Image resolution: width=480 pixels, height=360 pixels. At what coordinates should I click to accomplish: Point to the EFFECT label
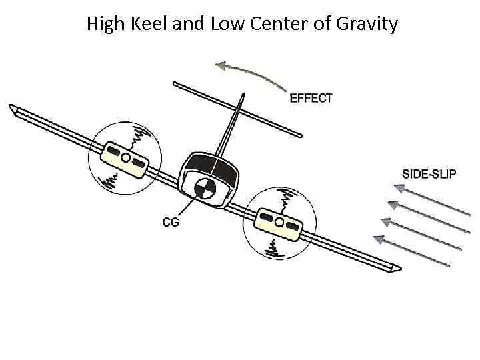[x=311, y=98]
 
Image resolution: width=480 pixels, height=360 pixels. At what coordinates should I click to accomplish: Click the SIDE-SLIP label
[x=429, y=174]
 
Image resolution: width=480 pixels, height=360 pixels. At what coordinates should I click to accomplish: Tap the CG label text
[x=171, y=223]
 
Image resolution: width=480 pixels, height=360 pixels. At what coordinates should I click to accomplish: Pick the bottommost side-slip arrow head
[x=379, y=239]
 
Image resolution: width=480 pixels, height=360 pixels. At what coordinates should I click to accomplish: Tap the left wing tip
[x=13, y=109]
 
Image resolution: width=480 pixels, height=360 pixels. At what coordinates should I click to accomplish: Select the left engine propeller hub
[x=125, y=157]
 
